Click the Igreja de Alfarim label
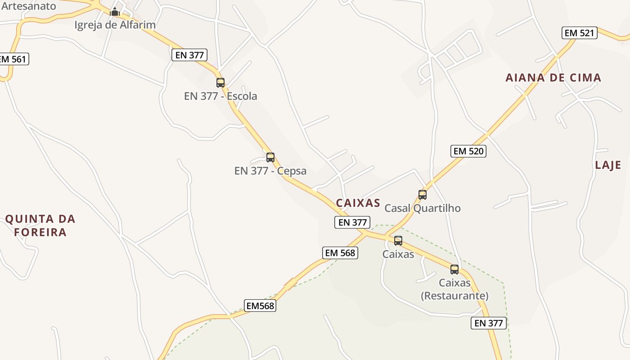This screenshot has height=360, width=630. point(115,25)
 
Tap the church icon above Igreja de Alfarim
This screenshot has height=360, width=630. point(115,12)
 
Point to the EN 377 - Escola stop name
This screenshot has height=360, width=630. point(220,96)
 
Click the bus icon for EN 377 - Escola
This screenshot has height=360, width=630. point(220,83)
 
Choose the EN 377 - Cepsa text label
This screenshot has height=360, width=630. point(270,171)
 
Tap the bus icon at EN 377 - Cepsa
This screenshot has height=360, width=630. point(270,157)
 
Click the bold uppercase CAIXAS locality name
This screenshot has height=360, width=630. point(358,203)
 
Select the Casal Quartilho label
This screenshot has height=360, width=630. point(423,208)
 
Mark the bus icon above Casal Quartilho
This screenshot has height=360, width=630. point(423,195)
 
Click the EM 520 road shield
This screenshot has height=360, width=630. point(468,151)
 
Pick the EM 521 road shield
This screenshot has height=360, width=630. point(580,33)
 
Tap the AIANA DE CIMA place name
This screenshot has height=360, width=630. point(553,78)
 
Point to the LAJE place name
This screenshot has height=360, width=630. point(608,165)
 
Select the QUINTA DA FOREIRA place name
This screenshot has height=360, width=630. point(40,226)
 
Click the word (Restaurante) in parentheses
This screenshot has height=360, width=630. point(454,296)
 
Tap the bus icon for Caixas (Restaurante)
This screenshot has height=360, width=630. point(454,270)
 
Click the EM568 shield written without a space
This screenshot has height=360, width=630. point(260,306)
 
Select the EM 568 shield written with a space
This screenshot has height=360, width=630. point(340,253)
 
